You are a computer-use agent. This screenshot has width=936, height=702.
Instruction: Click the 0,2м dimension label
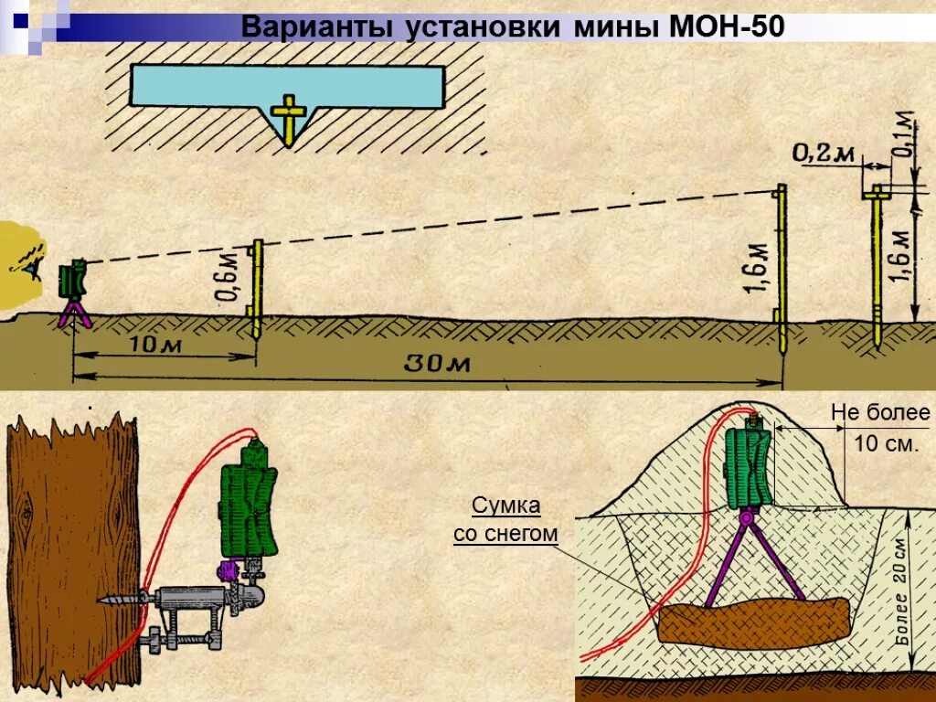[x=823, y=154]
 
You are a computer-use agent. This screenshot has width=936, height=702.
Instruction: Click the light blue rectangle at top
[x=287, y=84]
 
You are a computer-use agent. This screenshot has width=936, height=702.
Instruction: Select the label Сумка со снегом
[x=505, y=519]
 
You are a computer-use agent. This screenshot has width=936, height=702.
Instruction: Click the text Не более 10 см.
[x=879, y=429]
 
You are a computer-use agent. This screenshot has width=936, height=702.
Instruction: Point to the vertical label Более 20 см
[x=900, y=585]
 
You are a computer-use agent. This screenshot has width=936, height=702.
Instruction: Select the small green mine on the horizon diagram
[x=72, y=280]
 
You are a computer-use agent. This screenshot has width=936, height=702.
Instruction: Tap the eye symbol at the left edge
[x=33, y=264]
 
